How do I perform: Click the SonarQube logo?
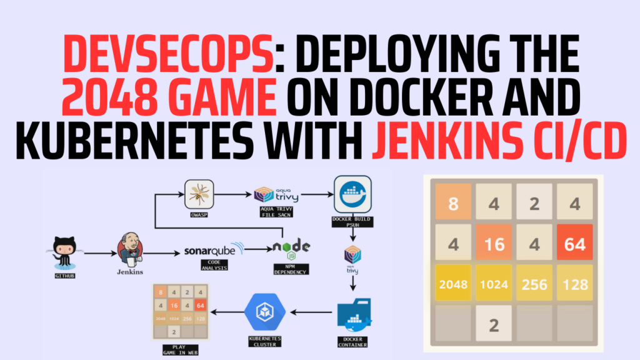(x=214, y=251)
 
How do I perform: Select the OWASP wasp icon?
(x=199, y=194)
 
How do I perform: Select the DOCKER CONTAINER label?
(x=352, y=341)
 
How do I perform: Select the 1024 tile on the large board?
(x=493, y=284)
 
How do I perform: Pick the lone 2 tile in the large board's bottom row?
(x=493, y=325)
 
